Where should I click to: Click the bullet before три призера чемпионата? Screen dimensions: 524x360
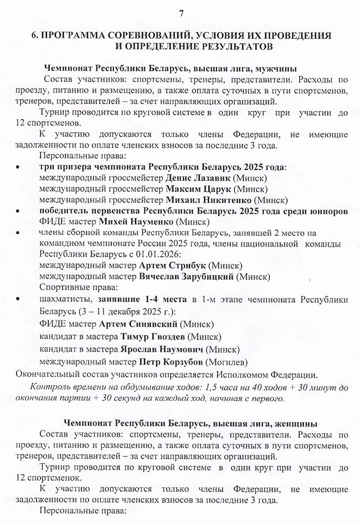19,167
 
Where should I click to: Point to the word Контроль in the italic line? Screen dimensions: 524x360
50,387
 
